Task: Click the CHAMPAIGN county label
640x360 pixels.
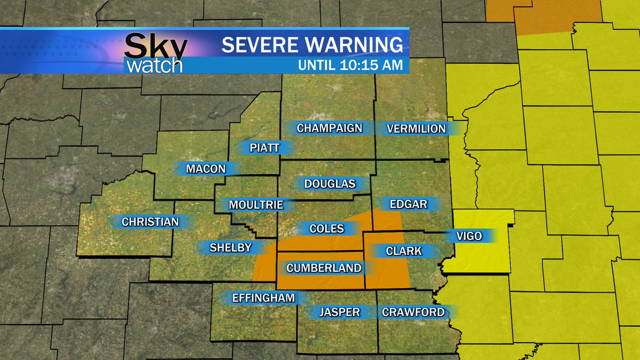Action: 329,128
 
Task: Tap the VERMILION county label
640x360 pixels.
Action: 416,129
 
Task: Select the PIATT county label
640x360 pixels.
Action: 265,148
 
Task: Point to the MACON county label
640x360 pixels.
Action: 205,169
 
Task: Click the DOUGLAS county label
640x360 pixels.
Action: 330,184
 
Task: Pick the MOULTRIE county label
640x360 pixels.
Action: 255,205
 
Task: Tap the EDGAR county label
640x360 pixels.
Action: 408,204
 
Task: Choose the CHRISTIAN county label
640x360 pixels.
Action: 150,222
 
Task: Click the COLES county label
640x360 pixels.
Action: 326,229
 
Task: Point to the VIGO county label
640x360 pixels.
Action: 469,236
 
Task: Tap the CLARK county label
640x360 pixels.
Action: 403,251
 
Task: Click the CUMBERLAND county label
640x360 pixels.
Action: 324,268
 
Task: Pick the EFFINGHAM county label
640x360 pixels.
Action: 263,298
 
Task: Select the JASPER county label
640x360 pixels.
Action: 339,312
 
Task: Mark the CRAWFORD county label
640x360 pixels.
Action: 413,312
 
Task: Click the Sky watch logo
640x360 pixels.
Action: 155,53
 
